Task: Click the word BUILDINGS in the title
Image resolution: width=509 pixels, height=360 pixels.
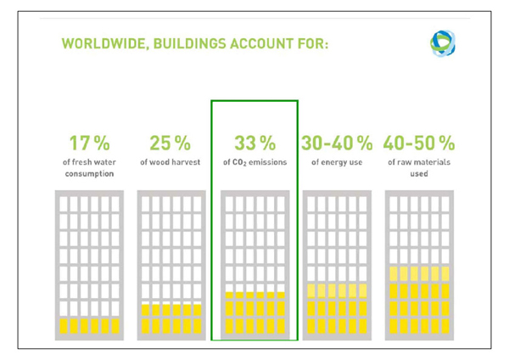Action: pyautogui.click(x=193, y=43)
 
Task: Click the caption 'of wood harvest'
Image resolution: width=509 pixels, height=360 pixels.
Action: pyautogui.click(x=170, y=161)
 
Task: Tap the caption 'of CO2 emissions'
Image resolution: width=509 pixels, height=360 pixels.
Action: pyautogui.click(x=255, y=161)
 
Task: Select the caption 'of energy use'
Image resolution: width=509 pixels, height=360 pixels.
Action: pyautogui.click(x=338, y=161)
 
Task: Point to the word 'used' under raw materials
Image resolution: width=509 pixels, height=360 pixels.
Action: pyautogui.click(x=419, y=175)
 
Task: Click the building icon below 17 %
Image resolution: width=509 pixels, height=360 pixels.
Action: pyautogui.click(x=87, y=264)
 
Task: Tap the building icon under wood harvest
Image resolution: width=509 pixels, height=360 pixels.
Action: pyautogui.click(x=171, y=264)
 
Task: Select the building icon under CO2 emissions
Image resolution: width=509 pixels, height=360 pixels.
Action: pyautogui.click(x=255, y=264)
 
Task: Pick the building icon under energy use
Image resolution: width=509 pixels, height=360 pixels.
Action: pyautogui.click(x=337, y=264)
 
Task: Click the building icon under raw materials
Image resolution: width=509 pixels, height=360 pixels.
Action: pyautogui.click(x=419, y=264)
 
